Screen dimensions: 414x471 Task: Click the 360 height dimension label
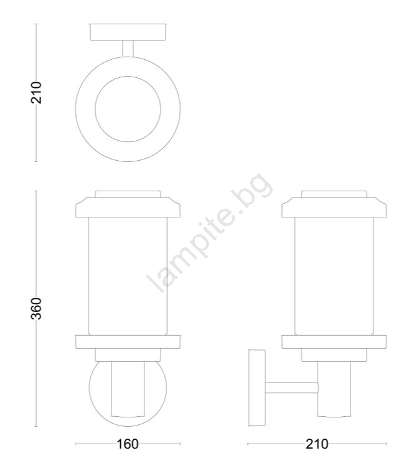[36, 308]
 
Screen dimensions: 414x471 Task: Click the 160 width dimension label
[128, 444]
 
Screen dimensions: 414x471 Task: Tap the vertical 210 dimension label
[36, 92]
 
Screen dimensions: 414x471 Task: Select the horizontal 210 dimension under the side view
[317, 444]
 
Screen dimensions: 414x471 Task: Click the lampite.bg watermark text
[210, 232]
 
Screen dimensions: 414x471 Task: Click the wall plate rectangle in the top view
[128, 32]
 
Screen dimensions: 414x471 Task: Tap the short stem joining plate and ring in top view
[128, 49]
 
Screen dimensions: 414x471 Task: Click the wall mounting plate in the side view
[257, 388]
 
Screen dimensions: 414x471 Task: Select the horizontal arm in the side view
[291, 388]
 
